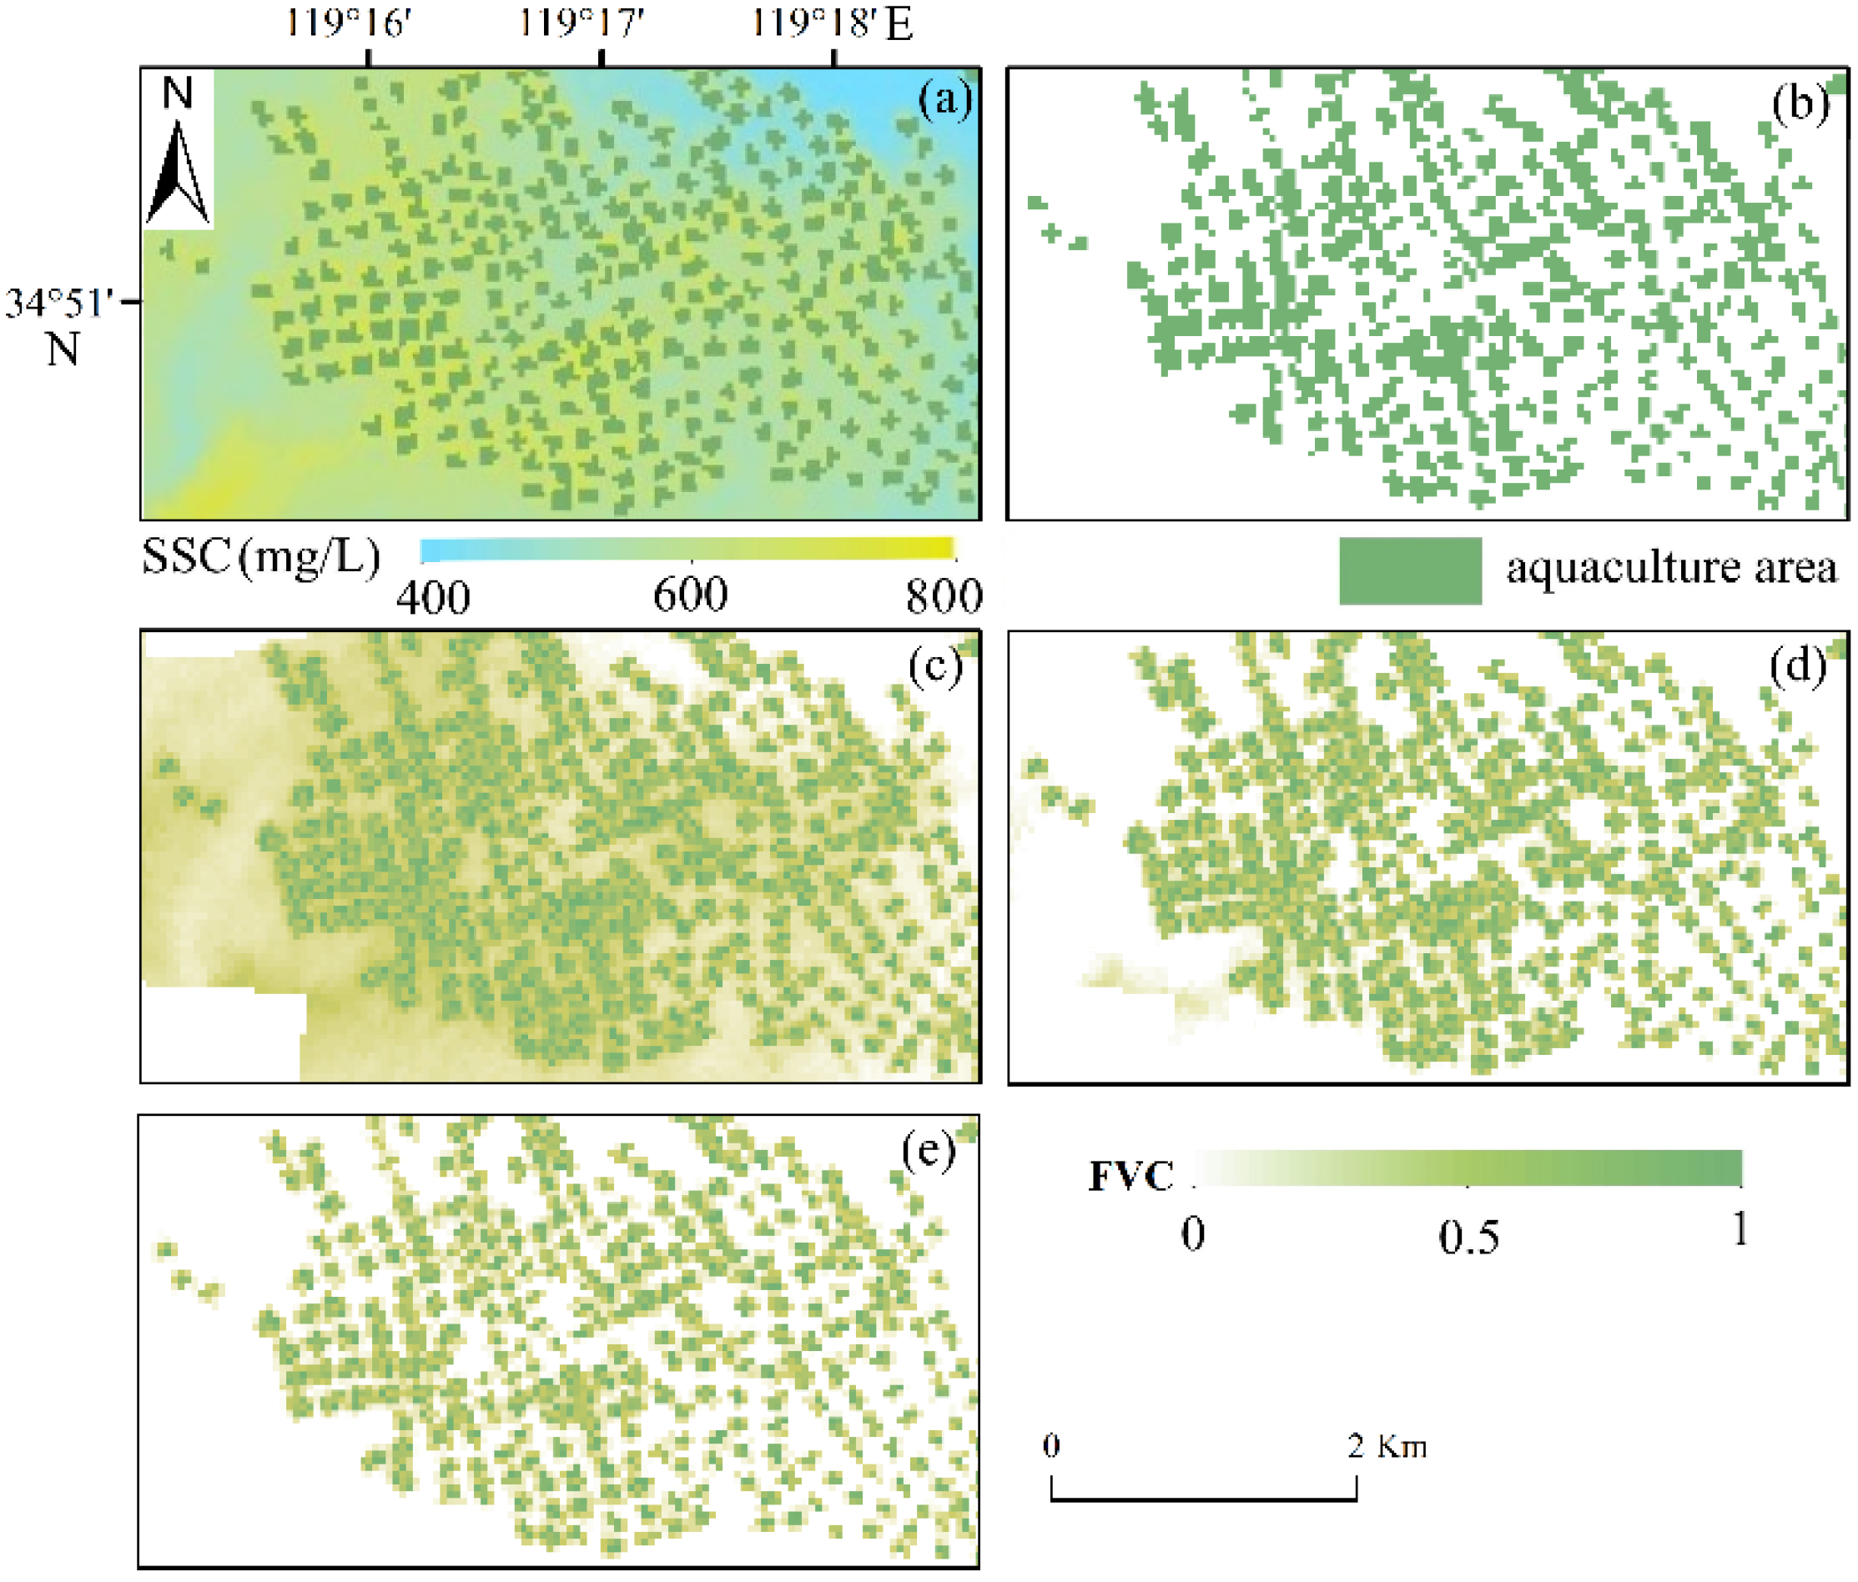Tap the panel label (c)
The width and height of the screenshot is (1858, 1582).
(x=935, y=666)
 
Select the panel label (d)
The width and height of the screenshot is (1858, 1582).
(x=1798, y=666)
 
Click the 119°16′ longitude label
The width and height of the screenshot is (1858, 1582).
(x=349, y=23)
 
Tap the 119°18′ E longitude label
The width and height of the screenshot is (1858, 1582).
(x=830, y=23)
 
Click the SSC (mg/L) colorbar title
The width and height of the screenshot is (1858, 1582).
(x=261, y=558)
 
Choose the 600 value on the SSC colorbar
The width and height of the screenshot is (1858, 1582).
(x=690, y=595)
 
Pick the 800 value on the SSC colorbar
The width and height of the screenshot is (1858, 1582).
(x=944, y=597)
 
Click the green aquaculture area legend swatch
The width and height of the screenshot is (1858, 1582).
(x=1410, y=571)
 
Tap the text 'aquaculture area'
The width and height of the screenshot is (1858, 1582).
(x=1670, y=568)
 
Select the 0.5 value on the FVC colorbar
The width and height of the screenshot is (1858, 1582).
(x=1468, y=1238)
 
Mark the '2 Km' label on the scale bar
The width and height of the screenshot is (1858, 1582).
(x=1387, y=1446)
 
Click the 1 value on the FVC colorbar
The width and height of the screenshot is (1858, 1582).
(x=1739, y=1229)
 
